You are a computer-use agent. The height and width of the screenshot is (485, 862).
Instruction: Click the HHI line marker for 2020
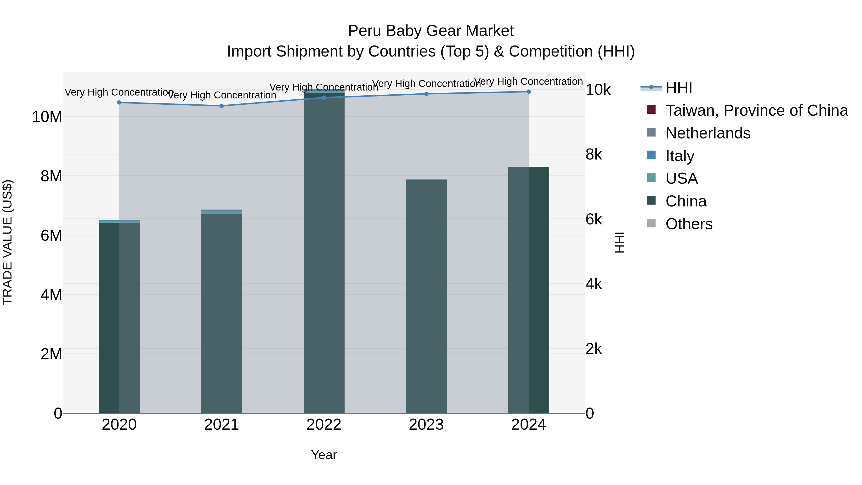click(119, 103)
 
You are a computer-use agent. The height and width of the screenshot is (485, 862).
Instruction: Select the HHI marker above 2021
click(221, 106)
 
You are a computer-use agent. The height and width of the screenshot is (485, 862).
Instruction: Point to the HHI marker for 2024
click(529, 92)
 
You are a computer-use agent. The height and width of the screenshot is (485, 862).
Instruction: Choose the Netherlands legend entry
click(708, 133)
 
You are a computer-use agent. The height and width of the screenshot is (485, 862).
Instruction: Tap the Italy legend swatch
click(651, 155)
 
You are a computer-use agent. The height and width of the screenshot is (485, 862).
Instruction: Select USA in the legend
click(681, 178)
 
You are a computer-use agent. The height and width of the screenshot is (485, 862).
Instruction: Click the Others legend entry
click(689, 224)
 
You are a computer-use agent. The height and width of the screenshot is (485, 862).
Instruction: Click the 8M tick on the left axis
click(51, 176)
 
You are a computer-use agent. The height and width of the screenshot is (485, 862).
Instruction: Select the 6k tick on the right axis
click(594, 220)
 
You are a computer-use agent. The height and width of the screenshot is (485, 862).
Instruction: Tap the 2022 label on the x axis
click(324, 425)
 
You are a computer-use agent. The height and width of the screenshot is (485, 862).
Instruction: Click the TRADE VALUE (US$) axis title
click(7, 242)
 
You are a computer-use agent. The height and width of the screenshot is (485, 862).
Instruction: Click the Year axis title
click(324, 455)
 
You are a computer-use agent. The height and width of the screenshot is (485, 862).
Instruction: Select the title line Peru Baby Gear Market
click(431, 31)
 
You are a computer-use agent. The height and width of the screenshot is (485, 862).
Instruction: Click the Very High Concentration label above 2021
click(221, 95)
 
